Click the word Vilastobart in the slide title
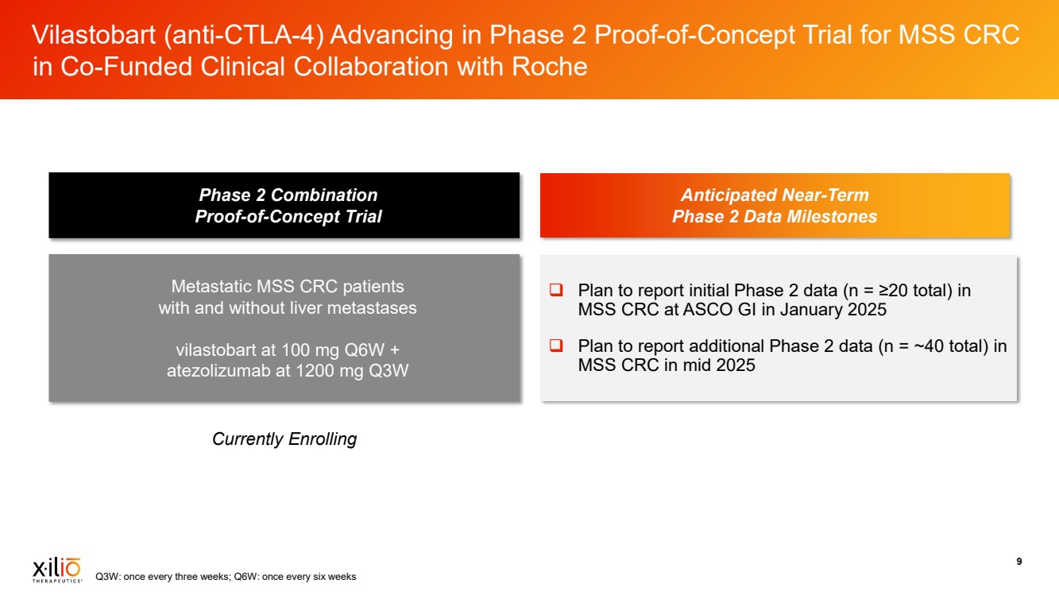point(94,35)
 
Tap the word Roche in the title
point(549,66)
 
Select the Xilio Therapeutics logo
point(57,570)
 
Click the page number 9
point(1018,562)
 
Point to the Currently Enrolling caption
point(284,439)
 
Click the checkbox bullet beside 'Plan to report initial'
point(556,290)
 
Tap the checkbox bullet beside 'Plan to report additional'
point(556,346)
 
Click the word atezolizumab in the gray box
point(219,370)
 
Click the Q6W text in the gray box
point(365,350)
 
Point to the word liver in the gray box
point(306,307)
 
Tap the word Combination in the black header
point(324,195)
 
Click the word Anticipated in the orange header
point(729,195)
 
